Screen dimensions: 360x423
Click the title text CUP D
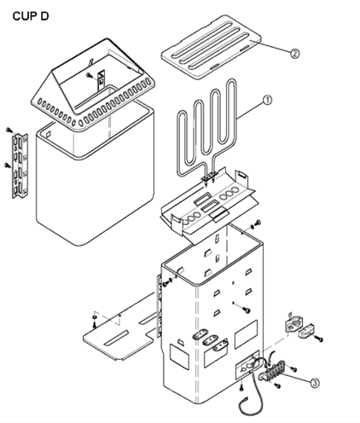click(x=31, y=16)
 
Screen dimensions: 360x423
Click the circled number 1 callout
click(x=267, y=100)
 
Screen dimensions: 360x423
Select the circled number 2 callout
click(x=294, y=53)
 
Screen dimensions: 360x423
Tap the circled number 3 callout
click(x=314, y=383)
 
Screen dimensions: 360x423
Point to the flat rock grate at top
click(x=211, y=47)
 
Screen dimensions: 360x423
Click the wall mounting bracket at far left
click(x=20, y=165)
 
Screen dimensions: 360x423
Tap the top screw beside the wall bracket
click(x=9, y=130)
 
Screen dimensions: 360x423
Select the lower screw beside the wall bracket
click(x=7, y=165)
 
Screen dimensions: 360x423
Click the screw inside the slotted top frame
click(x=89, y=75)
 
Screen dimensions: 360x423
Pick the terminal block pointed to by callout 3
click(x=271, y=371)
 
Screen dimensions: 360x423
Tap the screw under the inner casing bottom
click(x=241, y=387)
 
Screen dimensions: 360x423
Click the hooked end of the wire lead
click(x=243, y=401)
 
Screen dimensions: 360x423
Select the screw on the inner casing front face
click(x=247, y=310)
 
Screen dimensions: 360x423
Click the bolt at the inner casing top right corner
click(x=258, y=223)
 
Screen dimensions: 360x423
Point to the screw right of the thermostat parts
click(x=319, y=339)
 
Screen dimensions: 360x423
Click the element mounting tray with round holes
click(x=209, y=203)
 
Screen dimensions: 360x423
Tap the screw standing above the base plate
click(x=95, y=322)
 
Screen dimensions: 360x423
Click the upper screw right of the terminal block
click(x=293, y=368)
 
